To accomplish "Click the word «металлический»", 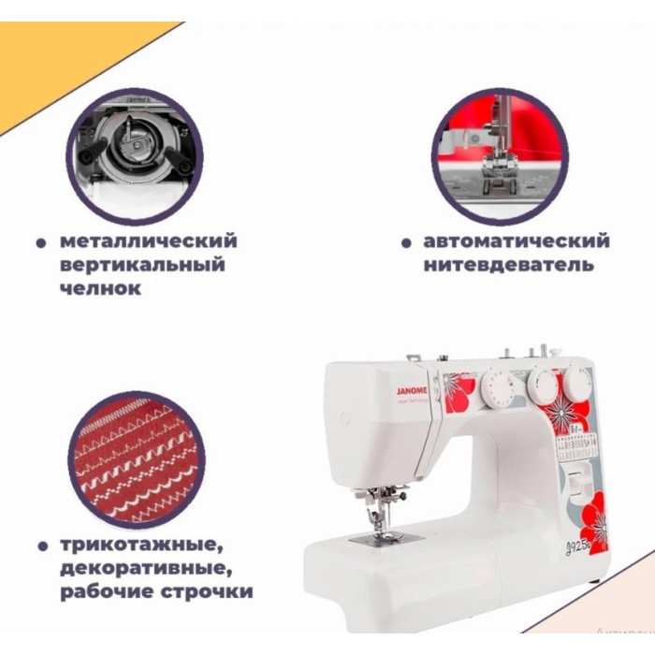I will [148, 241].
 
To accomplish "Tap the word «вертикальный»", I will [141, 265].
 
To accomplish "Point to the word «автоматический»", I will [517, 241].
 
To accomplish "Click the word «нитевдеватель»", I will [508, 265].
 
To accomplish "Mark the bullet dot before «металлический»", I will [41, 242].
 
